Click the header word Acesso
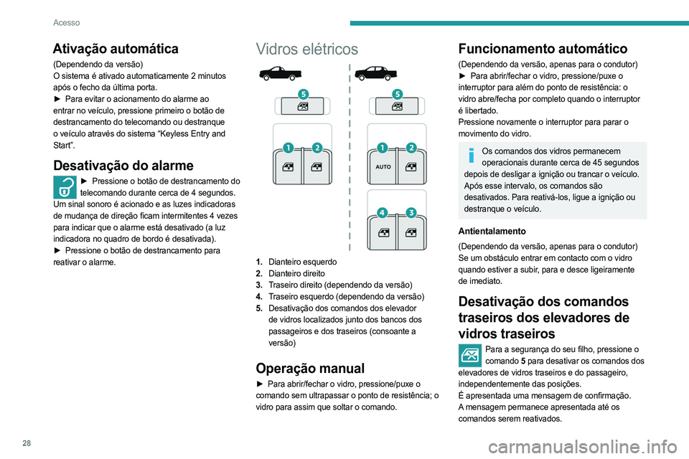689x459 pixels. coord(66,22)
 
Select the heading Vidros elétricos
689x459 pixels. coord(307,49)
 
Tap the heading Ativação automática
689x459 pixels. coord(116,49)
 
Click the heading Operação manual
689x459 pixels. coord(310,367)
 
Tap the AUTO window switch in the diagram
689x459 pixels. coord(383,167)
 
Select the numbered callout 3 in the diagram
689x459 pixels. coord(411,213)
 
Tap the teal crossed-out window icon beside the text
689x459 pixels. coord(469,356)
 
